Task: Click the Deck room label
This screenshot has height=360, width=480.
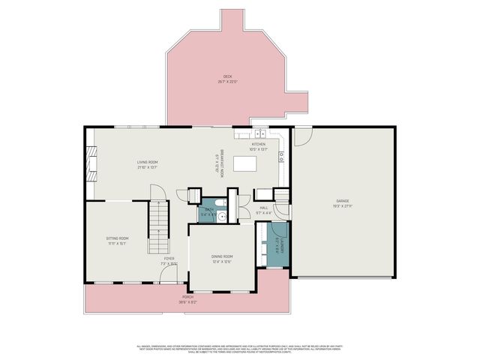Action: [229, 79]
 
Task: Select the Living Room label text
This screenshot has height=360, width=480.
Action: [147, 164]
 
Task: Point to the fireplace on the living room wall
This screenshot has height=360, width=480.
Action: [91, 163]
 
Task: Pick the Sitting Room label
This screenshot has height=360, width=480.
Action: [117, 241]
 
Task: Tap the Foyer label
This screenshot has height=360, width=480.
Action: [169, 260]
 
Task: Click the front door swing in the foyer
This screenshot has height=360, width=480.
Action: [179, 277]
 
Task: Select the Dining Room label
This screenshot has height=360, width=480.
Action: [222, 259]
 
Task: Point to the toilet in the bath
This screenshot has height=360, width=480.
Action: [218, 205]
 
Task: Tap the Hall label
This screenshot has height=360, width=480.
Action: [263, 209]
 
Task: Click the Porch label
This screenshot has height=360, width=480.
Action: [187, 298]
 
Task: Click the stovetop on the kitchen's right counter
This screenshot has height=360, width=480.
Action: [281, 157]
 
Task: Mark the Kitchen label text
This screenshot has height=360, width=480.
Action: [258, 146]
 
